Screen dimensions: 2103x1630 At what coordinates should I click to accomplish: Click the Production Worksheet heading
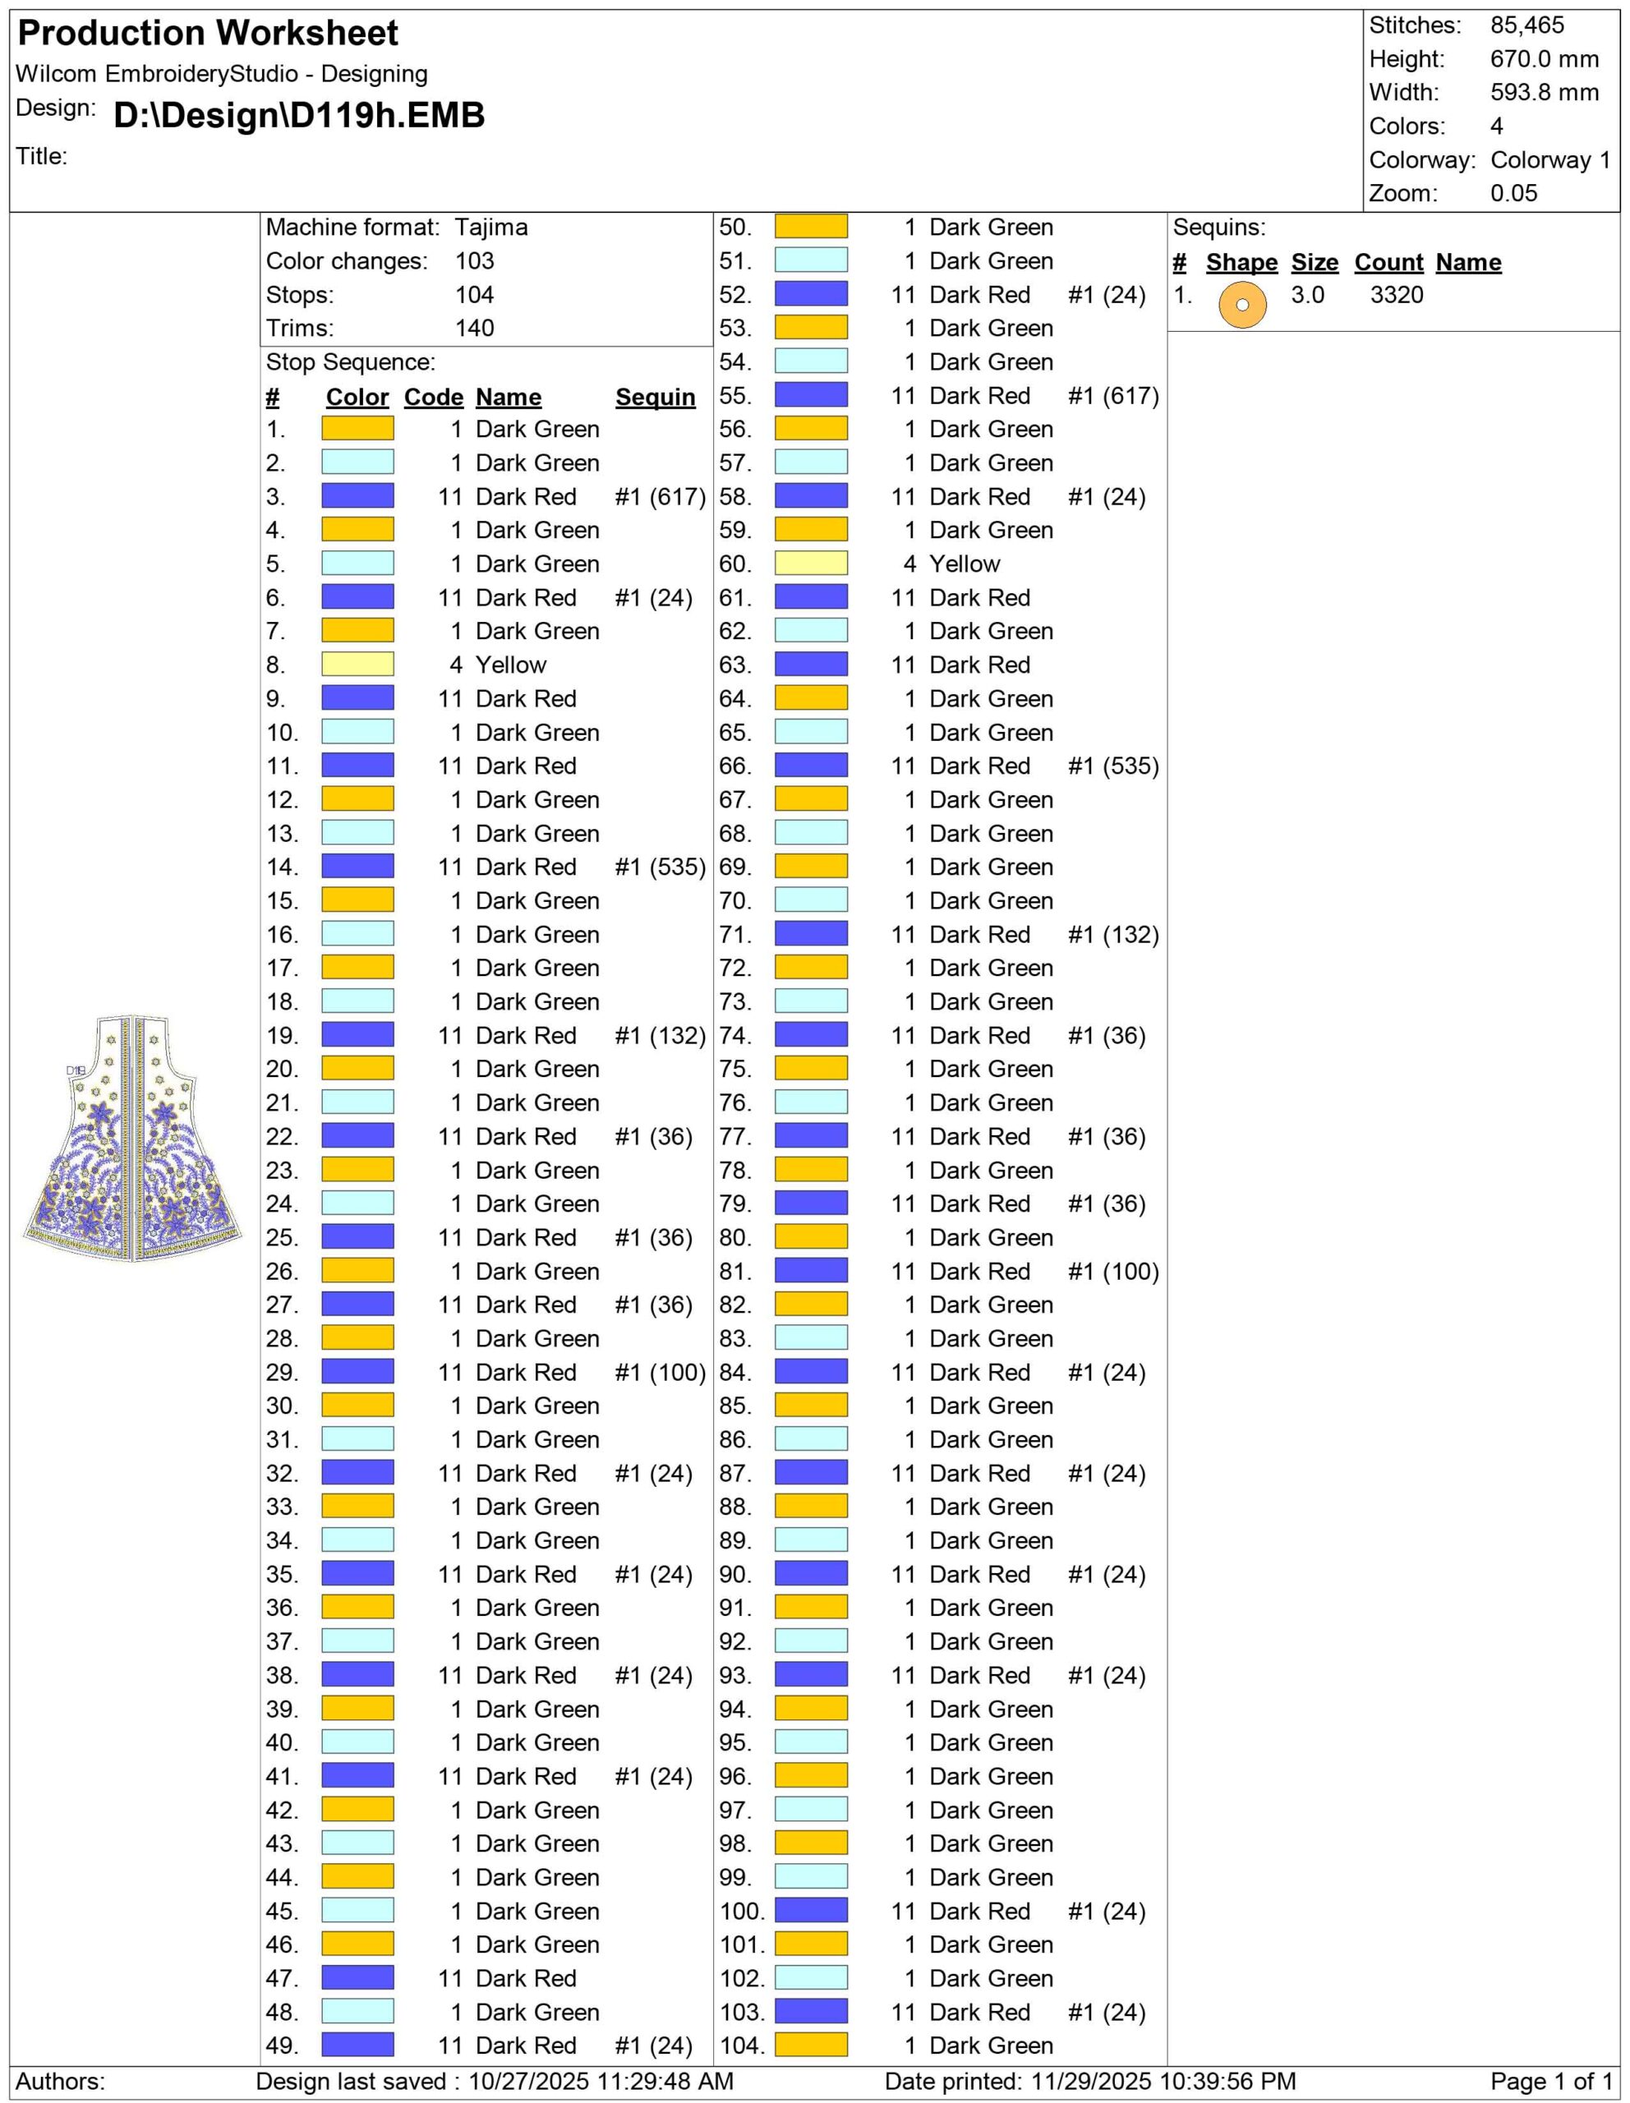click(x=208, y=34)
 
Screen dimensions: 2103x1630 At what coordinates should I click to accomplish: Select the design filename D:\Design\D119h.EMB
click(x=299, y=116)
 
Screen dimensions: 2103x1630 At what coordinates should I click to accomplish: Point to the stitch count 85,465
click(x=1527, y=26)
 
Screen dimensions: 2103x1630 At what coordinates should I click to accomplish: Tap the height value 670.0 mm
click(x=1545, y=60)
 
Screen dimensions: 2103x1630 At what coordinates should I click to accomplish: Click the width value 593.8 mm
click(x=1545, y=94)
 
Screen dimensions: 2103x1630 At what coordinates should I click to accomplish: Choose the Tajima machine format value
click(x=491, y=228)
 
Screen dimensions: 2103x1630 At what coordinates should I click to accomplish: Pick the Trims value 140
click(x=475, y=329)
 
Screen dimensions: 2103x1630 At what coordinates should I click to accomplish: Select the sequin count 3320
click(x=1396, y=296)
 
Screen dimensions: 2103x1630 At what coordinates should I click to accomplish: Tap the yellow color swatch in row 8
click(x=357, y=665)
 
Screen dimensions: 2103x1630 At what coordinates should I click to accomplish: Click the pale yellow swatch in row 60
click(x=811, y=564)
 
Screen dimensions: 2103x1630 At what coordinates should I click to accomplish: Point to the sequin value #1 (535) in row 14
click(x=660, y=867)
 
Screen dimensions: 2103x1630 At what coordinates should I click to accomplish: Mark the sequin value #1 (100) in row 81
click(x=1113, y=1271)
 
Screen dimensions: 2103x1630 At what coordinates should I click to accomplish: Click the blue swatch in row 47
click(x=357, y=1978)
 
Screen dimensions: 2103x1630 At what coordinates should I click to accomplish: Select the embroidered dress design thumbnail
click(x=133, y=1138)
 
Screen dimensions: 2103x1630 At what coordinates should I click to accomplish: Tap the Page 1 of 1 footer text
click(x=1550, y=2082)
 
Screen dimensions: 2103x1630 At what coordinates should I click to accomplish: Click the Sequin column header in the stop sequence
click(x=655, y=398)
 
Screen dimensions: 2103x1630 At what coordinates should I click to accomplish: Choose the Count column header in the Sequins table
click(x=1388, y=263)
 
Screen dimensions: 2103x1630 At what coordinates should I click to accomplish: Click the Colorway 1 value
click(x=1550, y=160)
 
